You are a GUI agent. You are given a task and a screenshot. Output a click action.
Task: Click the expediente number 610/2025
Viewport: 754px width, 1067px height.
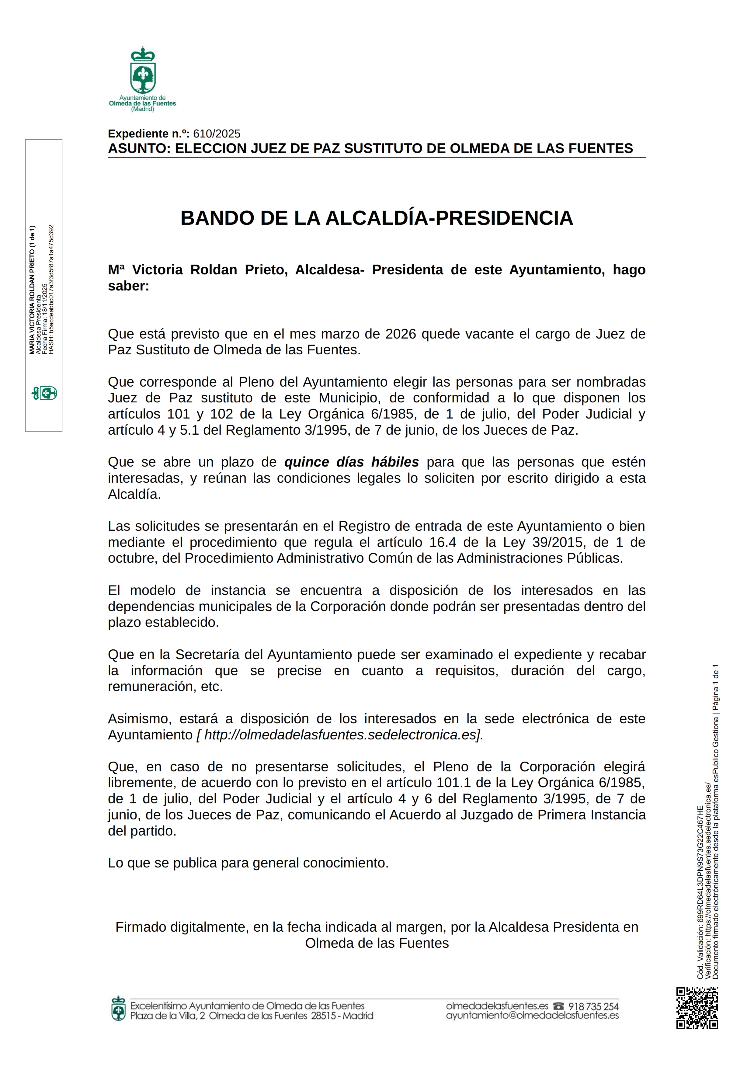click(x=217, y=134)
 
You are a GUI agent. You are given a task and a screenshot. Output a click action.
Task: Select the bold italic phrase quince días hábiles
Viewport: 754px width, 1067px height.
click(x=351, y=462)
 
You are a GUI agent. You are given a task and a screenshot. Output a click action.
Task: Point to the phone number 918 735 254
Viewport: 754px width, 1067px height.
click(x=593, y=1006)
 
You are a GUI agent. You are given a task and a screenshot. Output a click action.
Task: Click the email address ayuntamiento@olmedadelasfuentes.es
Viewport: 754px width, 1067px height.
click(x=532, y=1016)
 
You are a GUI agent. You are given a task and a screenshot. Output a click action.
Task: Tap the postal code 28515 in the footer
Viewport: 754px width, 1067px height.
click(x=323, y=1016)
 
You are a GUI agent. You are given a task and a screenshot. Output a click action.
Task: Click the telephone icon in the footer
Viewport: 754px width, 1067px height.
click(x=558, y=1006)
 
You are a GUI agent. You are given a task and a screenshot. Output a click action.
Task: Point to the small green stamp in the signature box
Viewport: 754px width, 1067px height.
click(x=44, y=394)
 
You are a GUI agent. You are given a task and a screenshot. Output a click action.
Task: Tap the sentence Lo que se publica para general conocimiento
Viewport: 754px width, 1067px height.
click(x=248, y=863)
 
